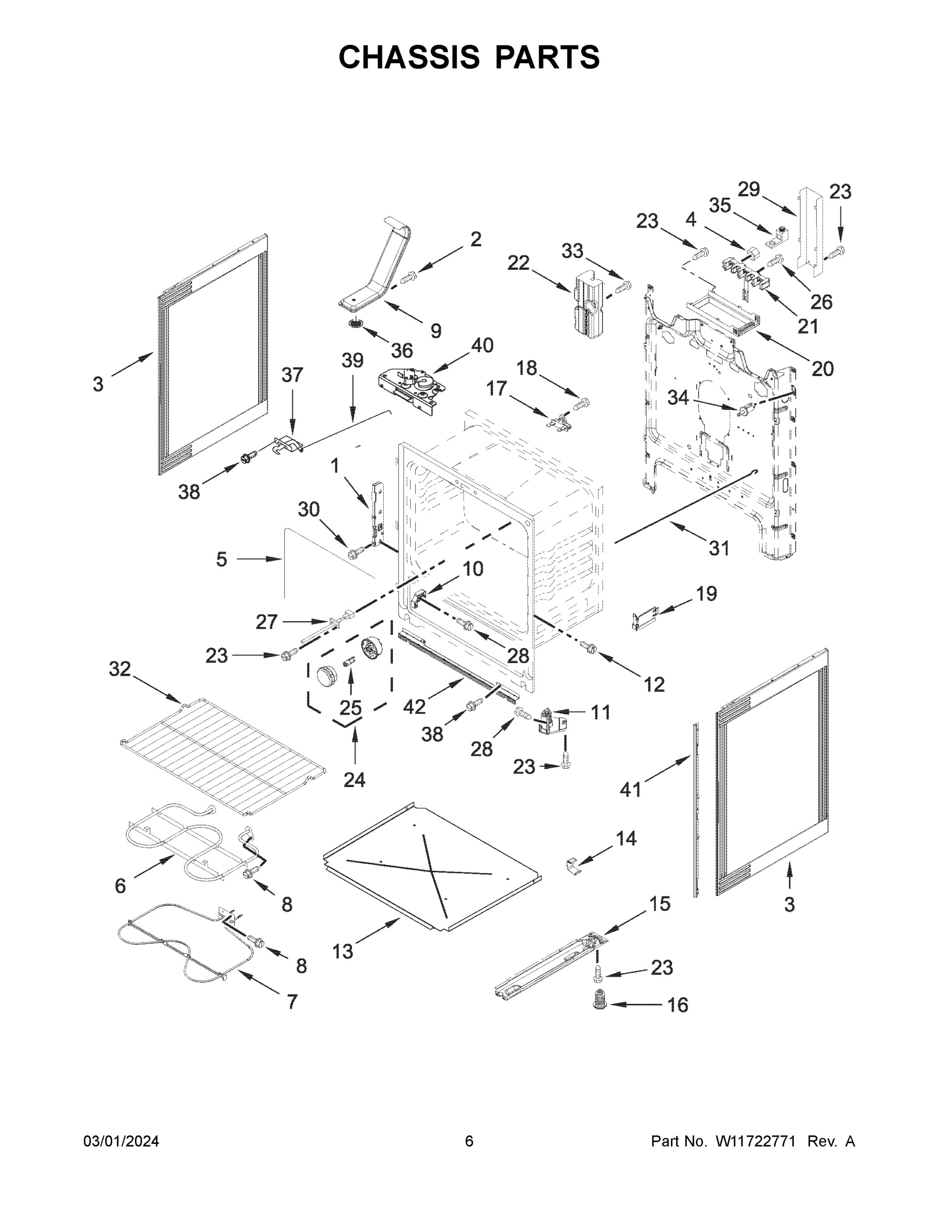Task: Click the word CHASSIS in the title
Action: tap(409, 57)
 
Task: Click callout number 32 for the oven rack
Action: tap(119, 669)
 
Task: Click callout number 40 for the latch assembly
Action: tap(482, 346)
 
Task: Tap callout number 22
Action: tap(518, 262)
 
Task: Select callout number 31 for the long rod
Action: tap(719, 548)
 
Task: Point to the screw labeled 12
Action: tap(589, 646)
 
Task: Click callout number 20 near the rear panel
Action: tap(822, 368)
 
